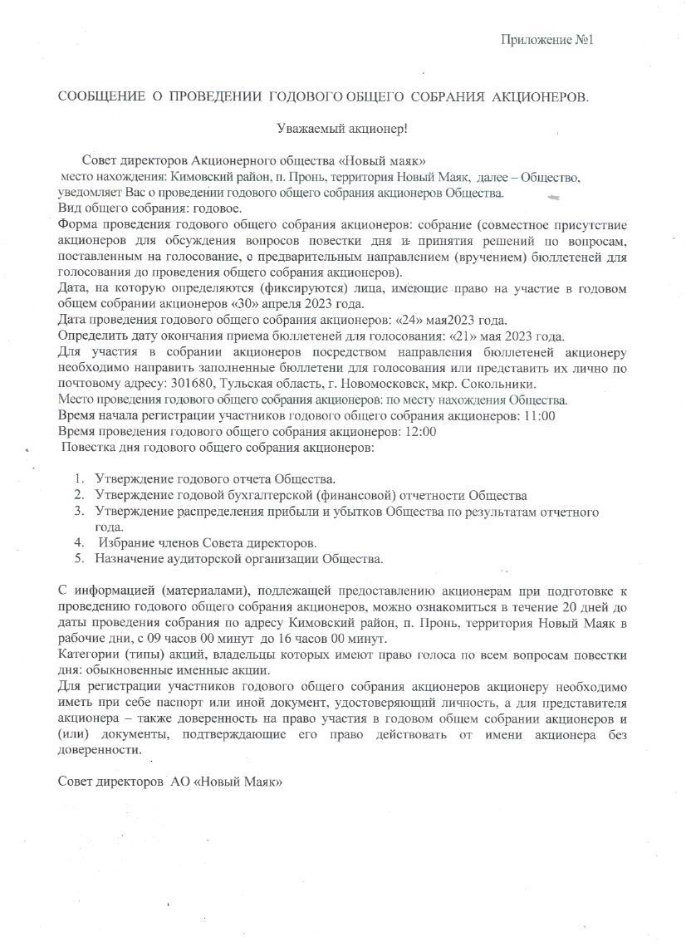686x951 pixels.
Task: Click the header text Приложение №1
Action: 549,40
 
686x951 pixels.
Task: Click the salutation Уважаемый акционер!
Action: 341,129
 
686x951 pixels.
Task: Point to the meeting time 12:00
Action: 419,432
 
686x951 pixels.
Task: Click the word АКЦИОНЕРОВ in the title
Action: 542,97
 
